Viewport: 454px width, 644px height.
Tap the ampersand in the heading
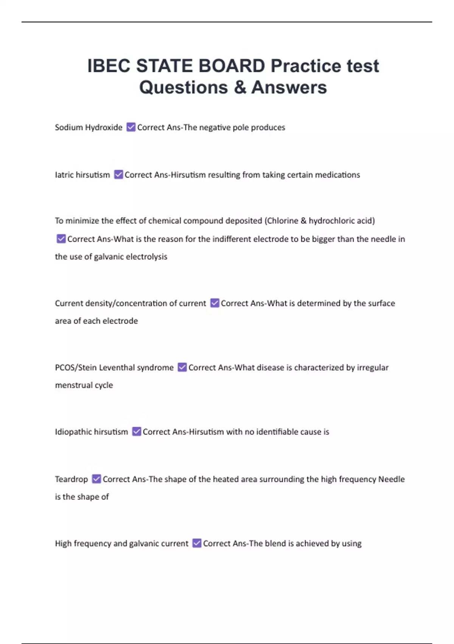pyautogui.click(x=240, y=87)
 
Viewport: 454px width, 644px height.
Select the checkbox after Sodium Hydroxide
pyautogui.click(x=131, y=127)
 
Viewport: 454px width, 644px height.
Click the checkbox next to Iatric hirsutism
pyautogui.click(x=118, y=175)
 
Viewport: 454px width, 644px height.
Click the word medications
pyautogui.click(x=337, y=175)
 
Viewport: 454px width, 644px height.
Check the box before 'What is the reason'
pyautogui.click(x=61, y=239)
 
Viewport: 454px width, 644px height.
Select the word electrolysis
pyautogui.click(x=146, y=256)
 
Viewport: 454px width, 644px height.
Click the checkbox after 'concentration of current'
pyautogui.click(x=215, y=303)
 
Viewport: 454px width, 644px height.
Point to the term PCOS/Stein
pyautogui.click(x=76, y=367)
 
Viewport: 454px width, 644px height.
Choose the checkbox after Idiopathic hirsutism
pyautogui.click(x=137, y=431)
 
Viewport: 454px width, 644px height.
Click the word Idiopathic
pyautogui.click(x=73, y=432)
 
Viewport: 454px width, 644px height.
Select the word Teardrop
pyautogui.click(x=71, y=479)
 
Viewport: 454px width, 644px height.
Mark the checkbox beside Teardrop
pyautogui.click(x=96, y=479)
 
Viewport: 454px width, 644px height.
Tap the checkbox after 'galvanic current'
pyautogui.click(x=197, y=543)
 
